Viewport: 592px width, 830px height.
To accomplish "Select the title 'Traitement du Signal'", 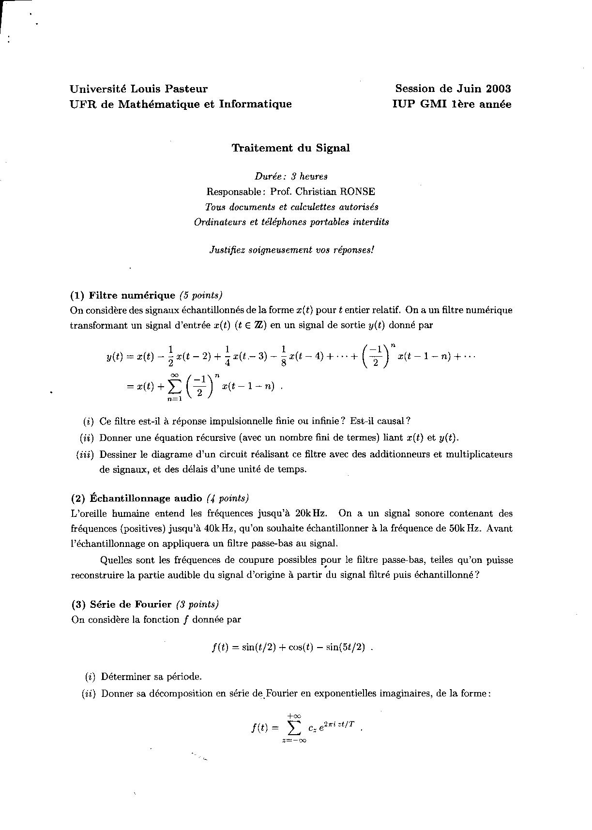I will (x=290, y=148).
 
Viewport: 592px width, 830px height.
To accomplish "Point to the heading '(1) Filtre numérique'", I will (x=122, y=295).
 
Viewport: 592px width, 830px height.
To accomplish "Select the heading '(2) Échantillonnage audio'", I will (x=137, y=498).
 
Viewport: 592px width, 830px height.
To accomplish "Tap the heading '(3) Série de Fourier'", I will (x=121, y=604).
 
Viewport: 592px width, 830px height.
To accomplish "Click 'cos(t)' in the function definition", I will (x=302, y=648).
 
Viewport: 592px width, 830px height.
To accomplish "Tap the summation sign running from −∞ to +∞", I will (x=294, y=727).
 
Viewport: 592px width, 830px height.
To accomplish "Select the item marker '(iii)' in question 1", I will (x=86, y=454).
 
